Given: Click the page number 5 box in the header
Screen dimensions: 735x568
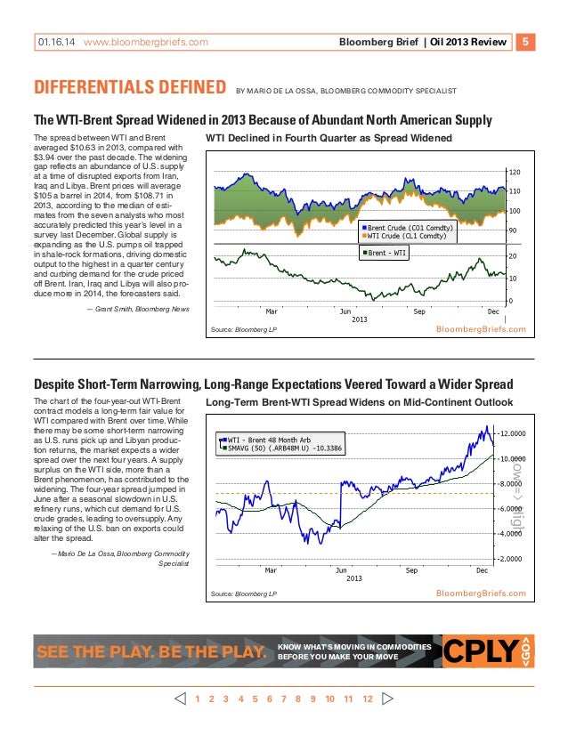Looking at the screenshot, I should [x=526, y=41].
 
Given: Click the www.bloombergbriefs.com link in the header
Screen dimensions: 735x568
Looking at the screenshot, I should [x=145, y=42].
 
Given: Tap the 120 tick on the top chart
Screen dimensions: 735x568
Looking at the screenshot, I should [x=514, y=172].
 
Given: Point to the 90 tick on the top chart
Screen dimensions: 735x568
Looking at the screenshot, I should [x=512, y=230].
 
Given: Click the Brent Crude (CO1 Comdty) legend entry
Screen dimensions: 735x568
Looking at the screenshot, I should [x=409, y=229].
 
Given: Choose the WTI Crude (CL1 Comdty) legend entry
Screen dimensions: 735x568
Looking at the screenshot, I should [x=405, y=237].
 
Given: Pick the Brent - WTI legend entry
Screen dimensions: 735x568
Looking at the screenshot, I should [x=389, y=254].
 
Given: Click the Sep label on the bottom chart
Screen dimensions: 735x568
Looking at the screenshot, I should [x=411, y=569].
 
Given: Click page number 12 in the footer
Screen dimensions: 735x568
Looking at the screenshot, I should [x=367, y=699].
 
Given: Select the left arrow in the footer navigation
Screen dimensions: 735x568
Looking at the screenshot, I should [x=181, y=699].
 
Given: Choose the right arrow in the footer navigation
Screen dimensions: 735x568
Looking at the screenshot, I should [x=386, y=699].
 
